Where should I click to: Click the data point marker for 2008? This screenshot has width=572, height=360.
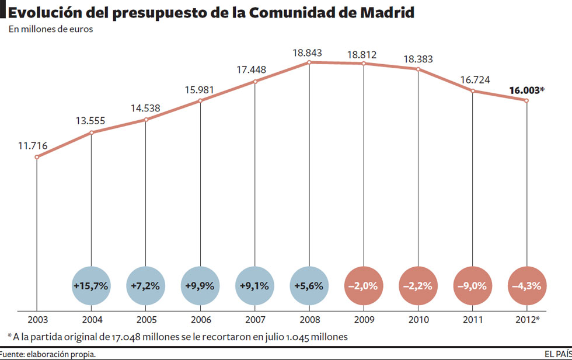pyautogui.click(x=309, y=62)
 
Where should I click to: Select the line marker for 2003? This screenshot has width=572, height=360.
pyautogui.click(x=37, y=157)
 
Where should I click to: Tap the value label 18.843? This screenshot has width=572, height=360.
pyautogui.click(x=308, y=53)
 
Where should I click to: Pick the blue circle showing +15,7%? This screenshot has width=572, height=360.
pyautogui.click(x=92, y=286)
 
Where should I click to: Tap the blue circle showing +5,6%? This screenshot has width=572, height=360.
pyautogui.click(x=309, y=286)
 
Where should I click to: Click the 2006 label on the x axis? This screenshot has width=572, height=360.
pyautogui.click(x=200, y=320)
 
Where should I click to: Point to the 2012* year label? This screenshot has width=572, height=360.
pyautogui.click(x=528, y=320)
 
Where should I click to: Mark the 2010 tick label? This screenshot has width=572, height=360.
pyautogui.click(x=418, y=320)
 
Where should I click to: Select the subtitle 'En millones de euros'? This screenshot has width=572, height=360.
pyautogui.click(x=51, y=30)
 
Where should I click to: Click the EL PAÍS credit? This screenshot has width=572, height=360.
pyautogui.click(x=557, y=354)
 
